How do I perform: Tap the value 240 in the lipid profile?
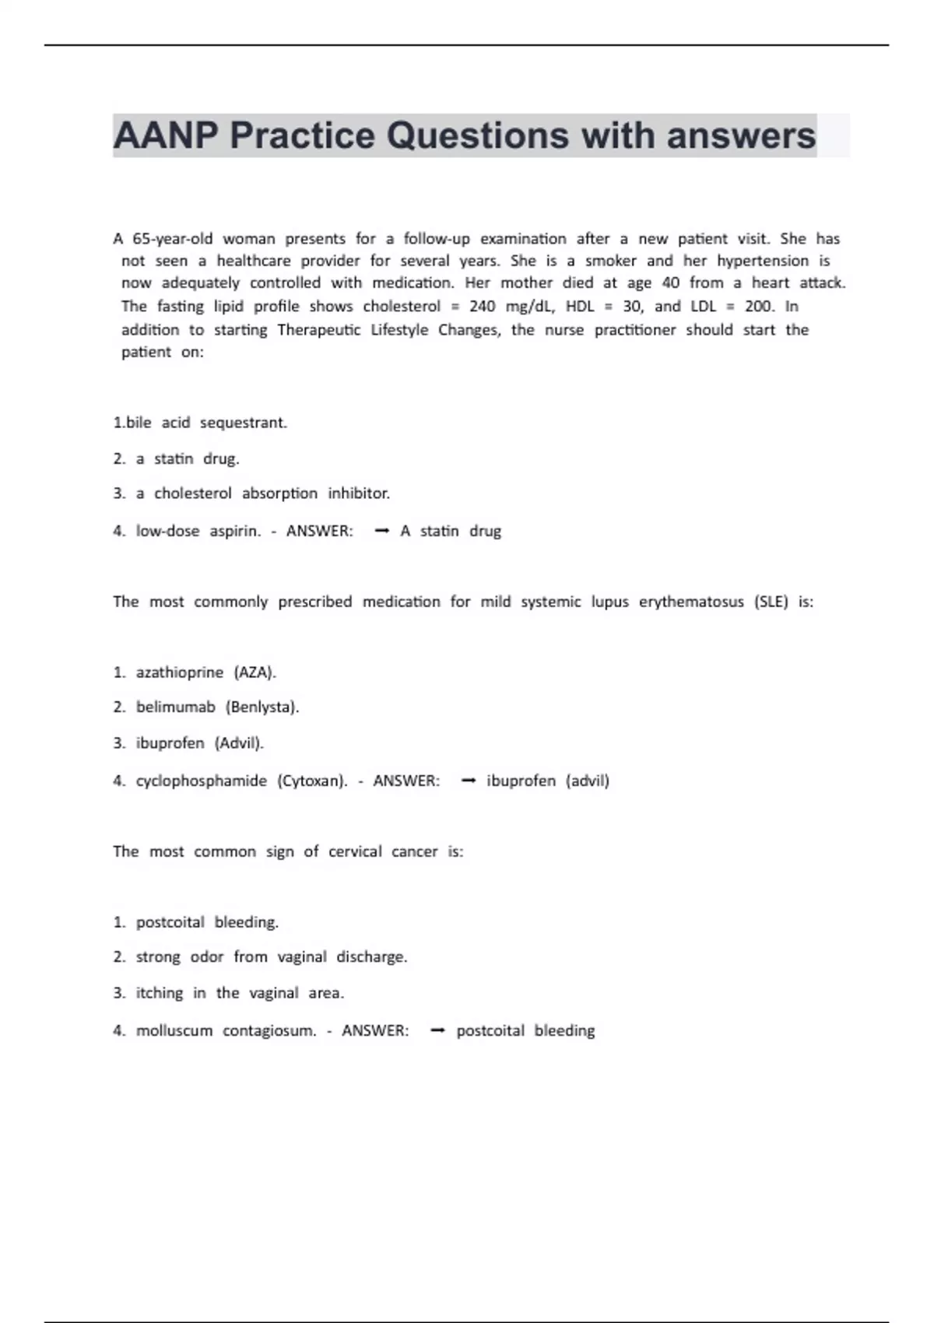482,307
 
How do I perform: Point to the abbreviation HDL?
580,307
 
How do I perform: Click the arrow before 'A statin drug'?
381,532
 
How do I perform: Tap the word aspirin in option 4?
234,532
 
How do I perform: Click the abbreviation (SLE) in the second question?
771,602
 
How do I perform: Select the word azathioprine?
179,672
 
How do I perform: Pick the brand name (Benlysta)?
262,707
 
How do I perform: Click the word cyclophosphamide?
201,781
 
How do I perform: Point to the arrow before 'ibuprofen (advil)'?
468,781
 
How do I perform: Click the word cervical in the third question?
355,852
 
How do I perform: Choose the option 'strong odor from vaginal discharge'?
271,957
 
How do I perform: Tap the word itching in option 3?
160,993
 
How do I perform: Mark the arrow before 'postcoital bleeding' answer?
437,1031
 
